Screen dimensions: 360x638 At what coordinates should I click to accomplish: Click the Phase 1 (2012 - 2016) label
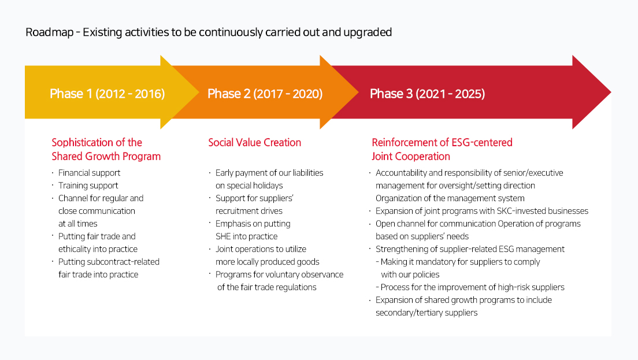click(x=107, y=94)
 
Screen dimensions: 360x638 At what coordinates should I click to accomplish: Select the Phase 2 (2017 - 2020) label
click(x=265, y=94)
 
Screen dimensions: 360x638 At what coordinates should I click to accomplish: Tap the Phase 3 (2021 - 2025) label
click(x=427, y=94)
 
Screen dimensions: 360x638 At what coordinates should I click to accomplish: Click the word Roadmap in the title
click(x=49, y=32)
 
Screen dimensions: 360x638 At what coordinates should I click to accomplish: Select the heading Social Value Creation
click(x=254, y=143)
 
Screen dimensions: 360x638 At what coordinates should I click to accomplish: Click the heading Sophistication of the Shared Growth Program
click(x=106, y=150)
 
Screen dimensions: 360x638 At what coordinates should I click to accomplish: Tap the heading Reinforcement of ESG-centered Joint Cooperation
click(x=442, y=150)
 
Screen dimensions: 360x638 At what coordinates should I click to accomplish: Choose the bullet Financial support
click(x=89, y=173)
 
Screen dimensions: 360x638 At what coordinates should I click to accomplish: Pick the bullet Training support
click(x=88, y=185)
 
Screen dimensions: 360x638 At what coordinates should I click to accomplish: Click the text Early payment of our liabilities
click(x=269, y=173)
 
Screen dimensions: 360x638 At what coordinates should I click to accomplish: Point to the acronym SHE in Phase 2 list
click(x=224, y=236)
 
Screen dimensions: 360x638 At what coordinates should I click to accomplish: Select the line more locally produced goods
click(x=267, y=262)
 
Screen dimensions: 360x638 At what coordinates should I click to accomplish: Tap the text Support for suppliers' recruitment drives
click(x=254, y=205)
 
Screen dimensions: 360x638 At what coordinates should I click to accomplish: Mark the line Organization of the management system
click(x=450, y=198)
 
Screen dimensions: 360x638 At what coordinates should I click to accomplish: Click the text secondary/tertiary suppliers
click(x=426, y=313)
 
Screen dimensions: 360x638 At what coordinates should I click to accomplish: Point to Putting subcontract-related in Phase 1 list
click(x=109, y=262)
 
